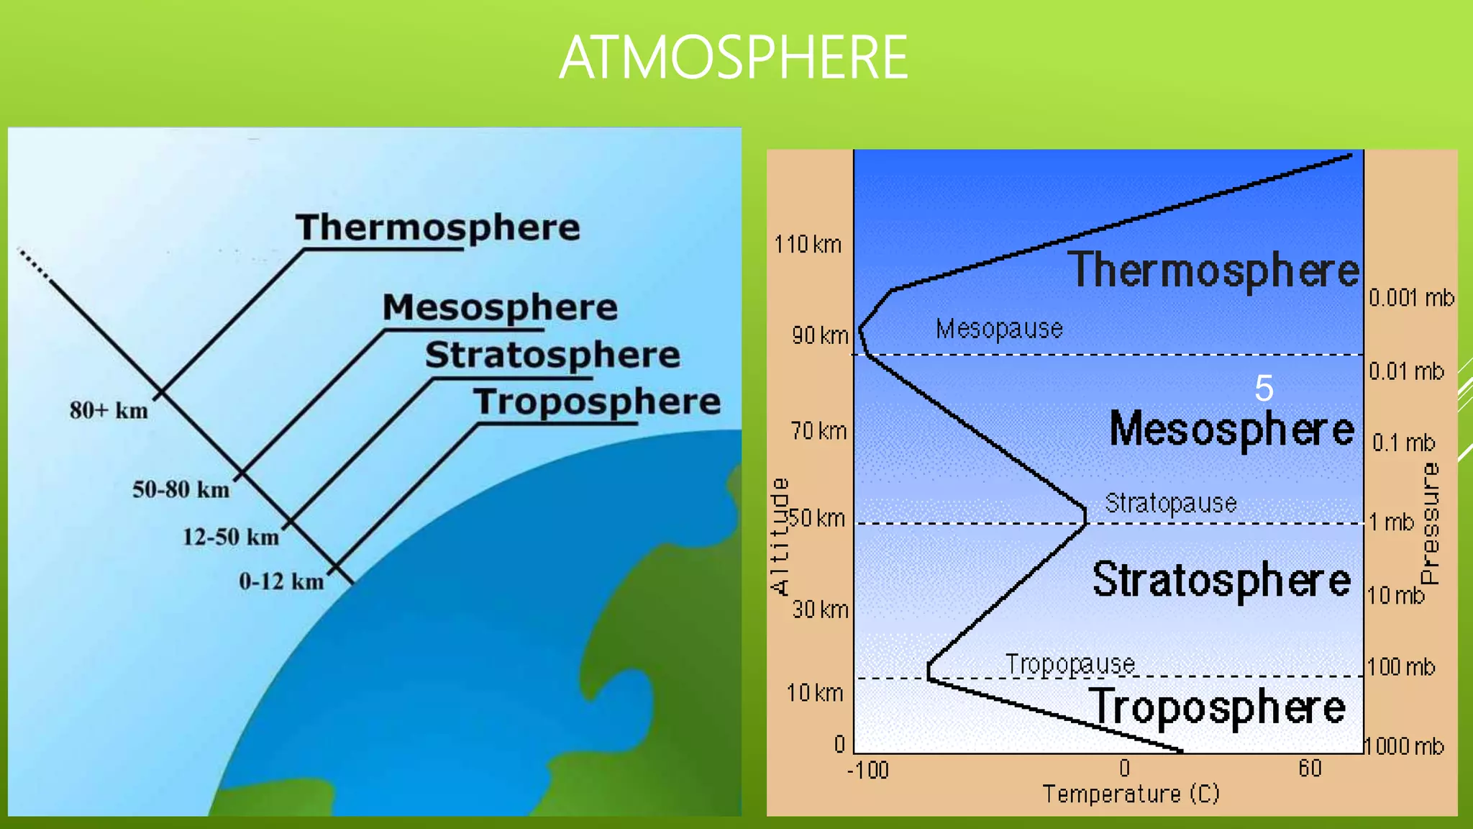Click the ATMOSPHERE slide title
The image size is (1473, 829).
pos(733,58)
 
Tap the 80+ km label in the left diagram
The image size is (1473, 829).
pos(109,411)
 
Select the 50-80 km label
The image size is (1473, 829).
pos(181,490)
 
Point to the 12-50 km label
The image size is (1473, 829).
pos(230,537)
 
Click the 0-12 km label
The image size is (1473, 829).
pos(281,581)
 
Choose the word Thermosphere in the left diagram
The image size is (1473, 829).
pos(437,227)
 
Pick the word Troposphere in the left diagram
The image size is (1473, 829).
pos(596,402)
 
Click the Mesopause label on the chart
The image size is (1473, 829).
pos(999,329)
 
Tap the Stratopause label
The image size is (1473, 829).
pos(1170,503)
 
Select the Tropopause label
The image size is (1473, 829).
pos(1070,664)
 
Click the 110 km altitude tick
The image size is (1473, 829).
pos(808,245)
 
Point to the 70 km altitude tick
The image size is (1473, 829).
pos(818,431)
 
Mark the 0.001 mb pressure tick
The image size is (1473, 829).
pos(1411,298)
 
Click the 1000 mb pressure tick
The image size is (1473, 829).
pos(1405,746)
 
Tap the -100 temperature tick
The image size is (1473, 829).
pos(868,771)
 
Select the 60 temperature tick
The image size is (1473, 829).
pos(1310,769)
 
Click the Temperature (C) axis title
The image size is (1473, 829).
pos(1131,794)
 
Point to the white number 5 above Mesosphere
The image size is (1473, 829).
pos(1264,389)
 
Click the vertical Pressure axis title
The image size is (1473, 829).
pos(1430,523)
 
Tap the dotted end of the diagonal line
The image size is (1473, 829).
pos(33,263)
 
